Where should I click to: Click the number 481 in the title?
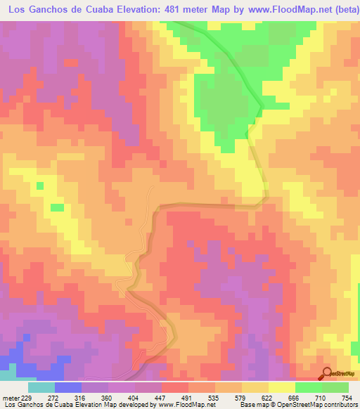172,9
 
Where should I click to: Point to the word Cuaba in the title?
86,9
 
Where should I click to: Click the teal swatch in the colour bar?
41,387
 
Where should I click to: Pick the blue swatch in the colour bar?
68,387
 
